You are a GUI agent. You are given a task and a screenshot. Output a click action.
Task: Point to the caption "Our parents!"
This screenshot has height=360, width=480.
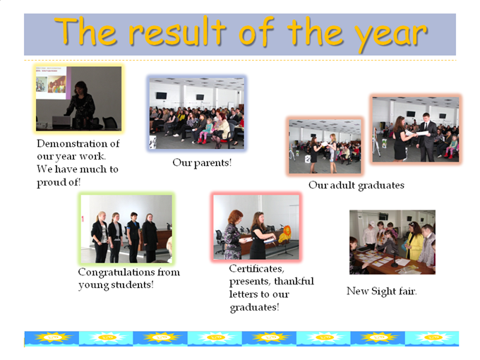[202, 162]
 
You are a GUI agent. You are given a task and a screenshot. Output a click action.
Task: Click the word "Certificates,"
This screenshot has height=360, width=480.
[256, 269]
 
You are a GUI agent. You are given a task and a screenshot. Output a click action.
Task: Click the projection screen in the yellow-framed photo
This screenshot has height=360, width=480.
[51, 83]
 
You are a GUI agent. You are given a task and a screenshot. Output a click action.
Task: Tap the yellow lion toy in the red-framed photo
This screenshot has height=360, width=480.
[286, 234]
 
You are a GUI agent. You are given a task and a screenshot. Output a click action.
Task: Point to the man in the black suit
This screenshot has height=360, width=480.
[427, 137]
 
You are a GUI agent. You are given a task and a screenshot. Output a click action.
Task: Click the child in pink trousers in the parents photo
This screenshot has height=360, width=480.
[205, 131]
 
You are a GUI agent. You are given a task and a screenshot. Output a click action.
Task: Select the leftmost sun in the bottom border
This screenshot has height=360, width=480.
[53, 337]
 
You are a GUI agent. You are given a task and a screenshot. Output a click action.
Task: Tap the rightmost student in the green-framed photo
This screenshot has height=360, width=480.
[150, 238]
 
